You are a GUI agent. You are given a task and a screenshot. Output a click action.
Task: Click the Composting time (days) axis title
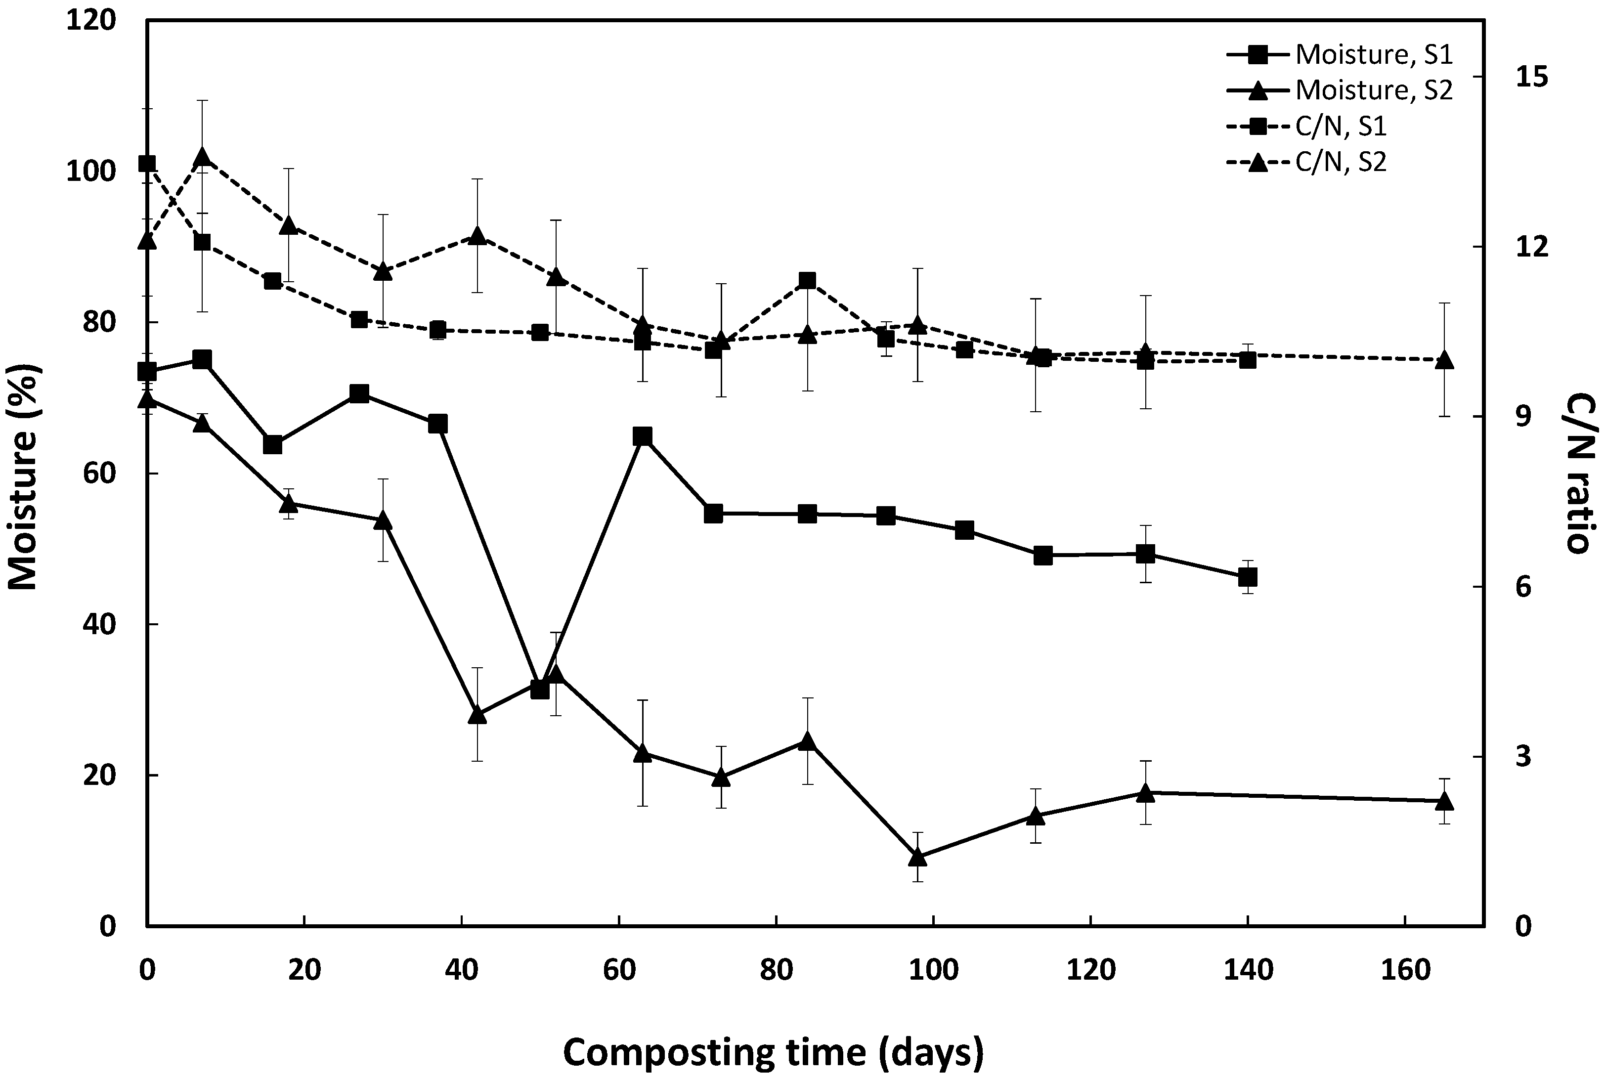pyautogui.click(x=773, y=1052)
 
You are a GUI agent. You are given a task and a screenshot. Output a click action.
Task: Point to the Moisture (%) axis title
pyautogui.click(x=25, y=476)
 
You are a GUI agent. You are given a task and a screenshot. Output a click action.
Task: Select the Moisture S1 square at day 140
pyautogui.click(x=1247, y=577)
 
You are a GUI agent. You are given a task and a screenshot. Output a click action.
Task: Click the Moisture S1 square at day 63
pyautogui.click(x=643, y=436)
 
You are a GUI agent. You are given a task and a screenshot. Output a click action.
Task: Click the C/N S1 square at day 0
pyautogui.click(x=147, y=163)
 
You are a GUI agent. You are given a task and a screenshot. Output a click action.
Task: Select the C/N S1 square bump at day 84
pyautogui.click(x=807, y=280)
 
